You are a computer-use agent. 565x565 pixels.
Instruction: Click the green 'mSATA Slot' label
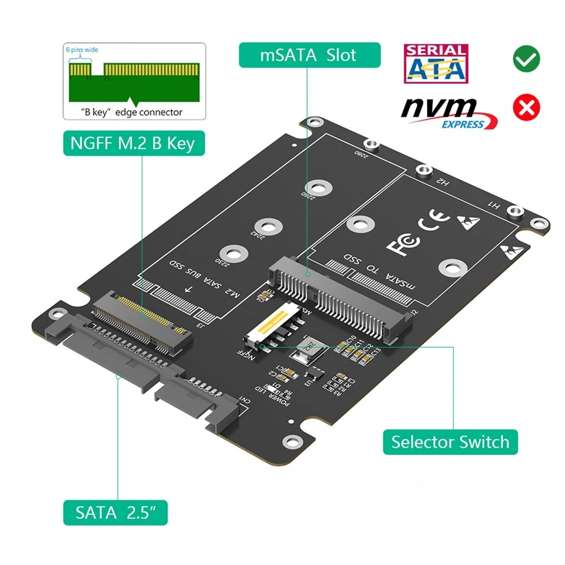pos(309,55)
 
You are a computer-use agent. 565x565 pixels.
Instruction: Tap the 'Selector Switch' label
pos(450,441)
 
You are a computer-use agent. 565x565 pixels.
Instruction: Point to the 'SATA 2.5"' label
pos(115,512)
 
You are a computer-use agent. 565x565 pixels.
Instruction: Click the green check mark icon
pos(527,59)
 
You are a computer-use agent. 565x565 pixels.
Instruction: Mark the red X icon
pos(527,107)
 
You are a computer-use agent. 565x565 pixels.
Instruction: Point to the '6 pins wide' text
pos(82,50)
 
